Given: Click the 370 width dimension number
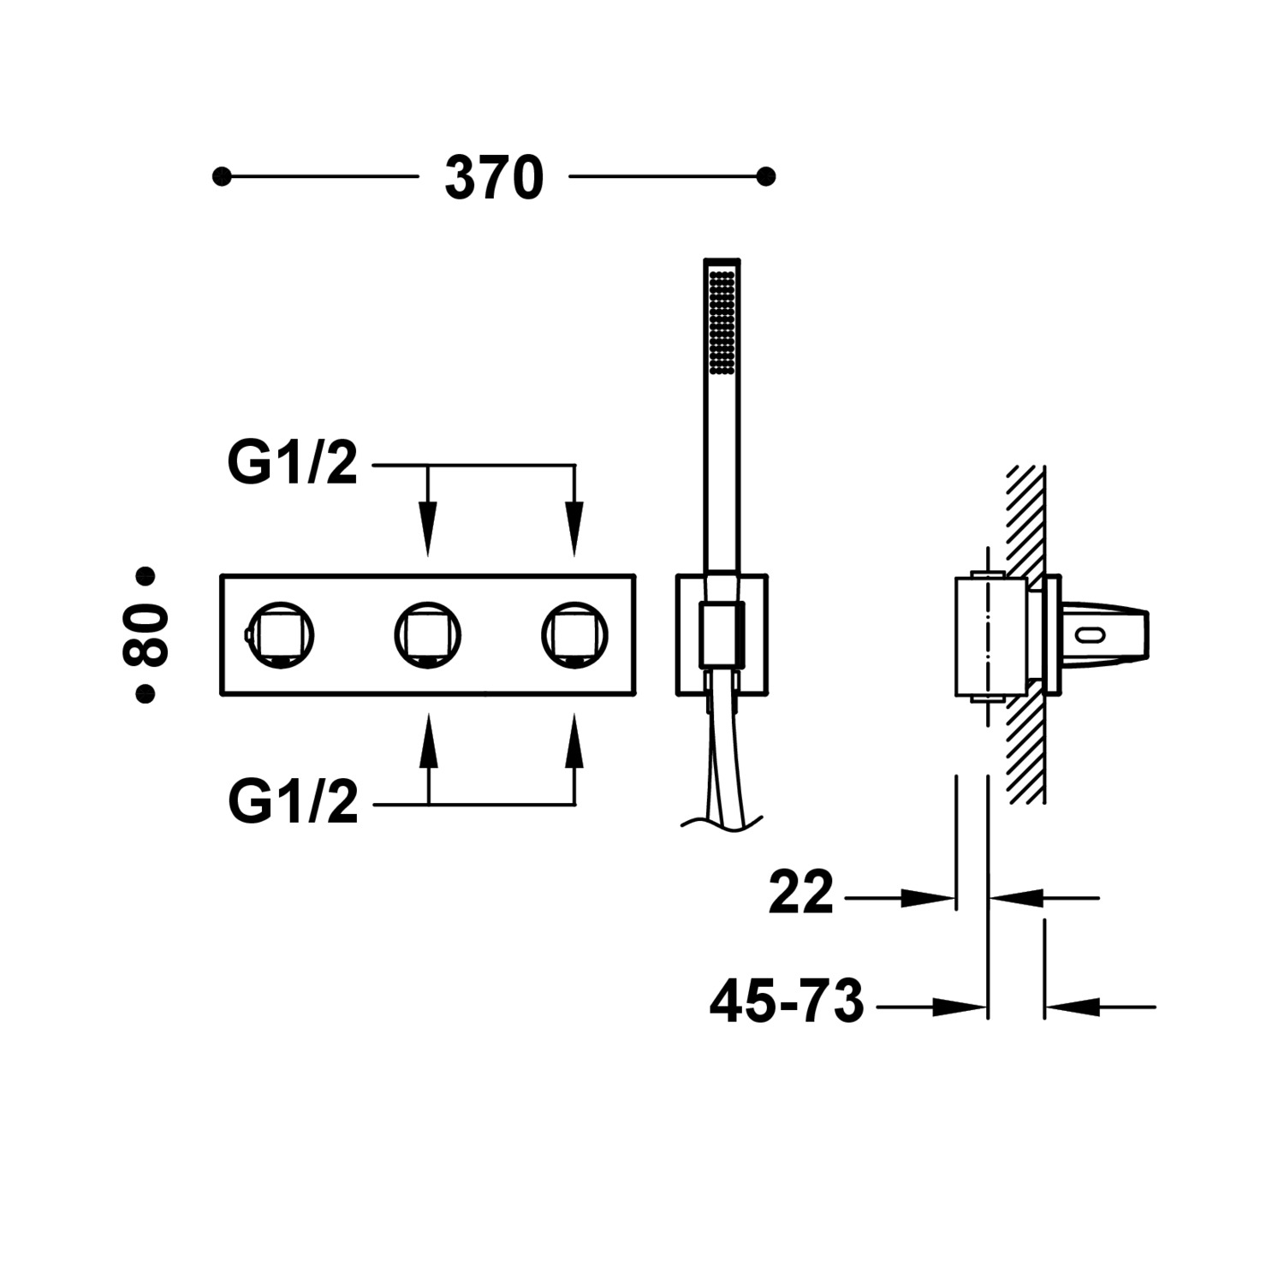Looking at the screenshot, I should [x=494, y=178].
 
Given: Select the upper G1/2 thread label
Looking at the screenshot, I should [x=292, y=465].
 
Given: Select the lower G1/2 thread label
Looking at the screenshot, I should [x=293, y=804].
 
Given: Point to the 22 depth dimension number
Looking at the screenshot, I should [x=800, y=893].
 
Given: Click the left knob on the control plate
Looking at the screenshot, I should [x=281, y=635].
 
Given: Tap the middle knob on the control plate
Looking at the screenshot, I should [x=428, y=635].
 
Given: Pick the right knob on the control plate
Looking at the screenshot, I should [x=574, y=635].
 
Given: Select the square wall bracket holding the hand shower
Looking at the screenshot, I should [x=722, y=635].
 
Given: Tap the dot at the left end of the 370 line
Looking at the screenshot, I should [x=222, y=177].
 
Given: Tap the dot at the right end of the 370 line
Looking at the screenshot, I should [x=766, y=177].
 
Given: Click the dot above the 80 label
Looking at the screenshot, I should [x=146, y=576].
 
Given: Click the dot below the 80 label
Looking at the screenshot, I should [x=146, y=694].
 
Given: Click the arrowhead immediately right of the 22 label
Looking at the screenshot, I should [x=929, y=898].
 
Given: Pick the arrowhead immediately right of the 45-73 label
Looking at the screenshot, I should [x=959, y=1008].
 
